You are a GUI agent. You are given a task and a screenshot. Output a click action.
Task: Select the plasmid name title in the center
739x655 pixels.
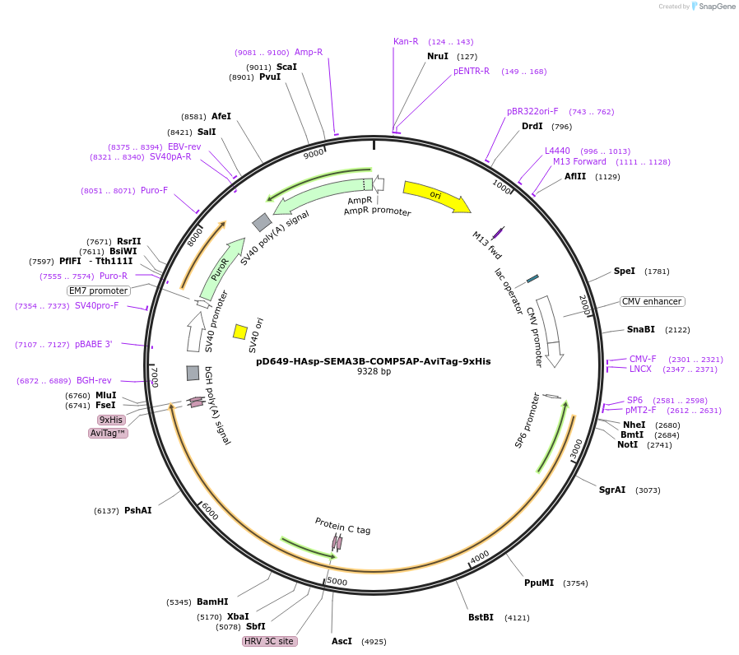pyautogui.click(x=373, y=360)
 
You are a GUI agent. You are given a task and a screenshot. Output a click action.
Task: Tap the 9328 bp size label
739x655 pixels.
pyautogui.click(x=374, y=372)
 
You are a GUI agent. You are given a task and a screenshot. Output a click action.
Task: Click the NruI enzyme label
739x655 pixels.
pyautogui.click(x=438, y=56)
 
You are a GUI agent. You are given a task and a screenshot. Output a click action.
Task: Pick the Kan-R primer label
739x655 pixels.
pyautogui.click(x=406, y=41)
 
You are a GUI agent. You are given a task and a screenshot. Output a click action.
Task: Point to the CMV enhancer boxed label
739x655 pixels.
pyautogui.click(x=652, y=301)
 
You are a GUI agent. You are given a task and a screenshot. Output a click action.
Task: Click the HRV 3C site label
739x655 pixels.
pyautogui.click(x=269, y=641)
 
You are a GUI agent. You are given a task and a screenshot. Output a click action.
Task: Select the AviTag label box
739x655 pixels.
pyautogui.click(x=108, y=433)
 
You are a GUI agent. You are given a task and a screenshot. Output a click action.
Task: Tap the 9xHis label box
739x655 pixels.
pyautogui.click(x=110, y=420)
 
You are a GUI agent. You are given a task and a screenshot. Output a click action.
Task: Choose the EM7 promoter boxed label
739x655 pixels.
pyautogui.click(x=99, y=290)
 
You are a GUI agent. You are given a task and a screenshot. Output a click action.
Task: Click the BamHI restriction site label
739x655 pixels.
pyautogui.click(x=212, y=602)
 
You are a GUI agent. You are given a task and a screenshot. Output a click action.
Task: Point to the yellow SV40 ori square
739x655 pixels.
pyautogui.click(x=240, y=332)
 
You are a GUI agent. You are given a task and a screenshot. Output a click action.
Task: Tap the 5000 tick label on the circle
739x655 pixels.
pyautogui.click(x=337, y=582)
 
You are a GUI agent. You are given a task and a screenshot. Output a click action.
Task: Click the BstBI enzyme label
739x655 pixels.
pyautogui.click(x=481, y=617)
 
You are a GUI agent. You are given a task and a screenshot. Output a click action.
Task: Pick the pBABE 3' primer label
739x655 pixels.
pyautogui.click(x=93, y=344)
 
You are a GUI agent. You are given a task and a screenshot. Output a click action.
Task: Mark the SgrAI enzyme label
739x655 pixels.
pyautogui.click(x=612, y=490)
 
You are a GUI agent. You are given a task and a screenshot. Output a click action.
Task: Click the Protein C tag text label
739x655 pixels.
pyautogui.click(x=342, y=525)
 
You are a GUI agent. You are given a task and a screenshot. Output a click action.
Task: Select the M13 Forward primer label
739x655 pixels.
pyautogui.click(x=579, y=161)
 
